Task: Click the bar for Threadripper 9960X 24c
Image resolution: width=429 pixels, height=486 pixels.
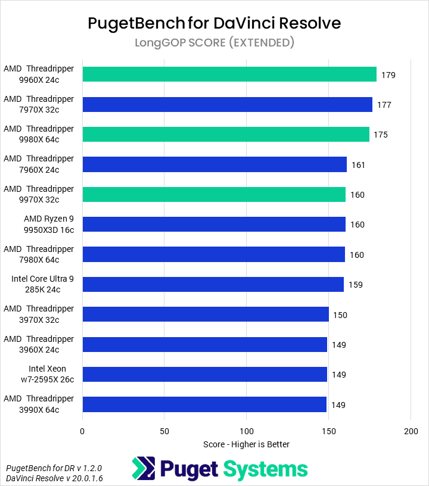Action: pyautogui.click(x=229, y=74)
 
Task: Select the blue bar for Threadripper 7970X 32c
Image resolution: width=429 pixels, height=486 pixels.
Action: pyautogui.click(x=227, y=105)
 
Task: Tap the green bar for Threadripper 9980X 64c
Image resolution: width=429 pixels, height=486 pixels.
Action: pyautogui.click(x=226, y=135)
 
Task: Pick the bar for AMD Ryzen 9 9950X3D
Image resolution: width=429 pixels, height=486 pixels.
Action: pyautogui.click(x=214, y=225)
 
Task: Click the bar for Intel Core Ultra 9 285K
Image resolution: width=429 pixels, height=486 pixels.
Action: pyautogui.click(x=213, y=285)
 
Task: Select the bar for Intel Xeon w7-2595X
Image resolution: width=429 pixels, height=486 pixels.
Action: pyautogui.click(x=205, y=375)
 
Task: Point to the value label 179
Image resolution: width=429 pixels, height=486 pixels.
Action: pyautogui.click(x=388, y=75)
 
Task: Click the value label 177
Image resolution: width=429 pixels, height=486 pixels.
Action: pyautogui.click(x=384, y=105)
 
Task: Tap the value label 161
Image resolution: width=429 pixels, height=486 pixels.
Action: pyautogui.click(x=358, y=165)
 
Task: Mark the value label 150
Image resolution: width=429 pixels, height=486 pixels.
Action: pyautogui.click(x=340, y=315)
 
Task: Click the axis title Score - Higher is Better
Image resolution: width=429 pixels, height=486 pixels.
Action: pyautogui.click(x=246, y=444)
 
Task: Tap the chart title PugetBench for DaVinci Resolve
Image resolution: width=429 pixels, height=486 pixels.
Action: pyautogui.click(x=214, y=23)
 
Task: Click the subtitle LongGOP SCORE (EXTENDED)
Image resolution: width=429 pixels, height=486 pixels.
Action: pyautogui.click(x=214, y=42)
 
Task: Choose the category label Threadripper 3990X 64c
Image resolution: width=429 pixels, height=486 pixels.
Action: pyautogui.click(x=39, y=404)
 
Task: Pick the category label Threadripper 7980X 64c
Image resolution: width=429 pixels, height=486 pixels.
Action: pyautogui.click(x=39, y=254)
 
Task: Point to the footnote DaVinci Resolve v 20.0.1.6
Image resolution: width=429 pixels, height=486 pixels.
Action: pyautogui.click(x=46, y=478)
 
